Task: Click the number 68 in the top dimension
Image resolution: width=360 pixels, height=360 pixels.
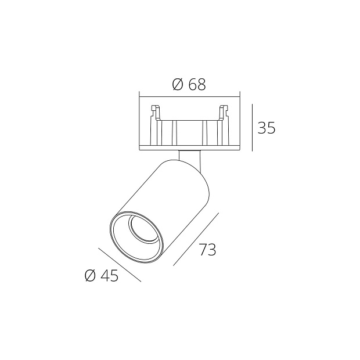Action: click(x=197, y=85)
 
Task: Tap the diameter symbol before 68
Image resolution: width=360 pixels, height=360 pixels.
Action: click(x=178, y=85)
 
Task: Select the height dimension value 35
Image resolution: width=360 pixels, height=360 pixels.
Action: click(x=267, y=128)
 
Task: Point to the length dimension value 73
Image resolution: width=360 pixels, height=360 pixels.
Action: click(x=207, y=250)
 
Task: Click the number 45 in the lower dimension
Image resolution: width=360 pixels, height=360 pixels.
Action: click(x=109, y=276)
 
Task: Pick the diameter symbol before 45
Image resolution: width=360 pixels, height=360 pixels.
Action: click(x=90, y=276)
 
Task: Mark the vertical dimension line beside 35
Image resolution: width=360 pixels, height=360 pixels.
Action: click(x=253, y=128)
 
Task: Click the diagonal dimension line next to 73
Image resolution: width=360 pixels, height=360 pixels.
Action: click(x=196, y=239)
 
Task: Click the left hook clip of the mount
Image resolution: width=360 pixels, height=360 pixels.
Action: click(x=155, y=110)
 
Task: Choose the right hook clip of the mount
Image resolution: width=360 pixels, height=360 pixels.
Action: click(x=223, y=110)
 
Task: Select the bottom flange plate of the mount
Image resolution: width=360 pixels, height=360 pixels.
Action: click(x=189, y=147)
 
